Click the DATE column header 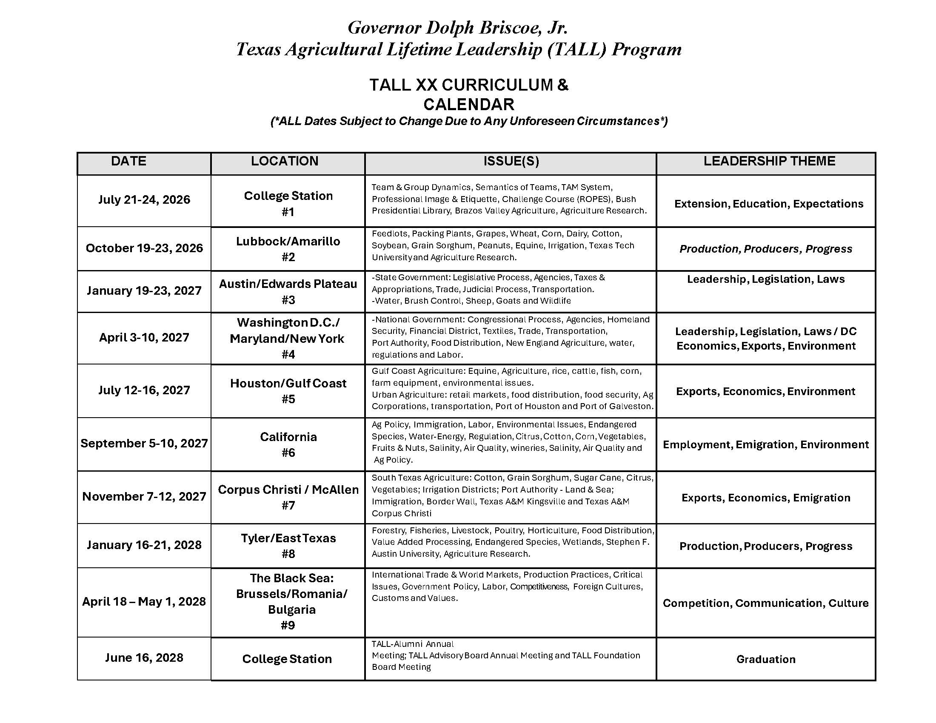point(128,161)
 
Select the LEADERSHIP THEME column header point(769,161)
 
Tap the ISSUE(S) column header point(511,161)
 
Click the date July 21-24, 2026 point(144,199)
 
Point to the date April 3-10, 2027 point(144,338)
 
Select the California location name point(288,437)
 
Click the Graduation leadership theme point(766,659)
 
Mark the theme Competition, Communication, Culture point(766,603)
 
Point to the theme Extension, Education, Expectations point(769,204)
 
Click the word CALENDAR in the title point(469,105)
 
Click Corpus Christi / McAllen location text point(288,490)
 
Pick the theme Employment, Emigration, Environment point(766,444)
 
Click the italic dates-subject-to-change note point(469,121)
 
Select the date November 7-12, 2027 point(144,496)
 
